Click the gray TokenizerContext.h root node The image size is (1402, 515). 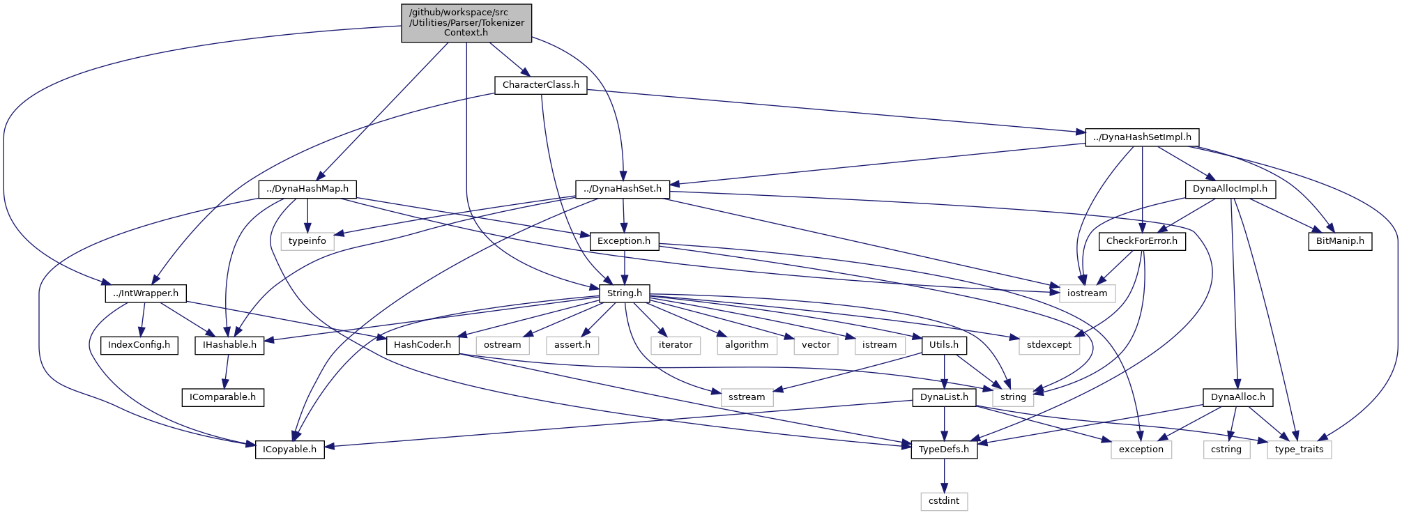point(466,23)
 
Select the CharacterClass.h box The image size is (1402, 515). point(540,85)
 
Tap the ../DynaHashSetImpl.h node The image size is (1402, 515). point(1142,137)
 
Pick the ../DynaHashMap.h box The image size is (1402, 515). point(307,189)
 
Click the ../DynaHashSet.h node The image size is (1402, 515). point(623,189)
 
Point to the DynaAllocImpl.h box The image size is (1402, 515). point(1230,189)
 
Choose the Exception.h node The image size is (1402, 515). point(623,241)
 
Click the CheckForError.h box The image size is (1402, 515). point(1142,241)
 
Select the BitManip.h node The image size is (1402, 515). point(1339,241)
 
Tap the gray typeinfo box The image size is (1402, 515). point(307,241)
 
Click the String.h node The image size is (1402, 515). point(624,293)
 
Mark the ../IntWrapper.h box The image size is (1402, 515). point(145,293)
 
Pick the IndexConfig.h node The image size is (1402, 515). point(139,345)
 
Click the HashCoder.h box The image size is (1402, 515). point(422,345)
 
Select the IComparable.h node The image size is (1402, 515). point(222,397)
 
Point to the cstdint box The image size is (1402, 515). point(944,501)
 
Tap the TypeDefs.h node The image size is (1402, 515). point(944,449)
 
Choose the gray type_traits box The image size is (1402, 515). point(1299,449)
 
